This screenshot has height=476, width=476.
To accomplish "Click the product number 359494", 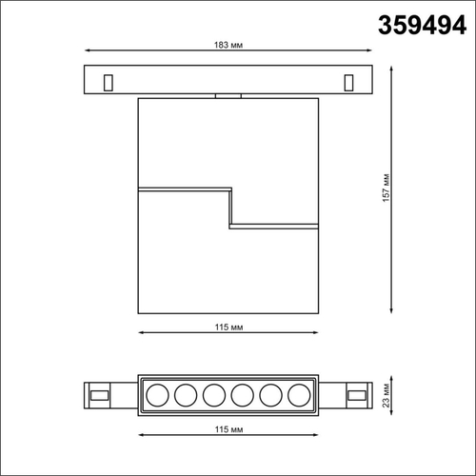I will pyautogui.click(x=417, y=25).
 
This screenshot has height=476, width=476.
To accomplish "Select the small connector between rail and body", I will pyautogui.click(x=228, y=95).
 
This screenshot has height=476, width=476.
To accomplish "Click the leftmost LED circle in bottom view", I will pyautogui.click(x=154, y=394).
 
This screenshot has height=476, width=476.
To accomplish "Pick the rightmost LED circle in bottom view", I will pyautogui.click(x=300, y=394).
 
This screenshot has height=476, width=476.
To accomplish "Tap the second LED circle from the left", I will pyautogui.click(x=184, y=394).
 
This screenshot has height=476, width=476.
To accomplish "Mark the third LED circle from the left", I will pyautogui.click(x=212, y=394).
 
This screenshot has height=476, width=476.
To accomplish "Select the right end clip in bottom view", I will pyautogui.click(x=357, y=394).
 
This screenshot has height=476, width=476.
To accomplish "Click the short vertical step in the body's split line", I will pyautogui.click(x=229, y=207).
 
